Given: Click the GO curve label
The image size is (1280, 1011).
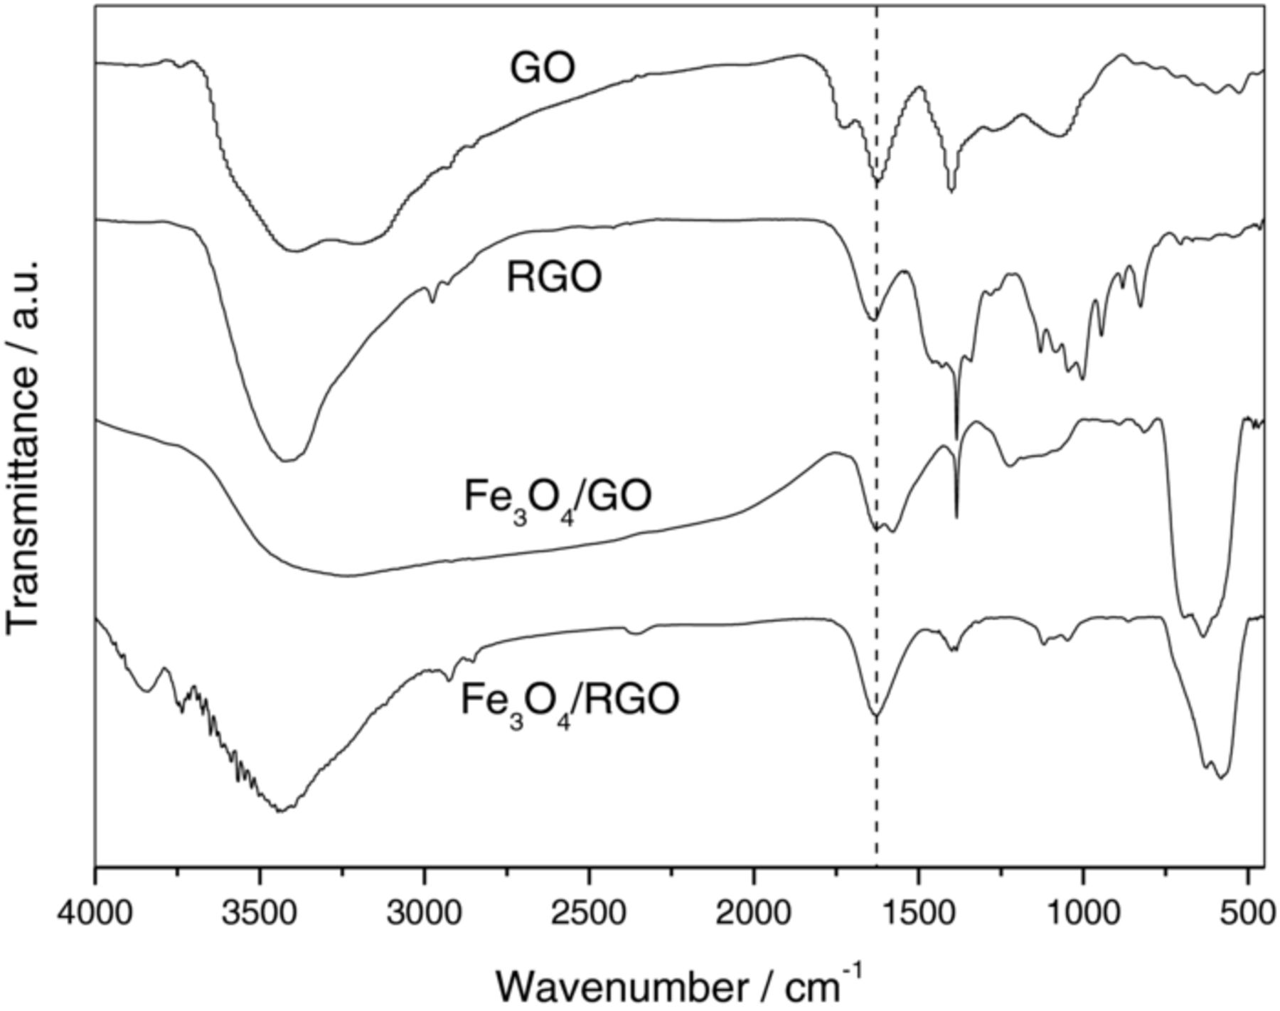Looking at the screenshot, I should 542,69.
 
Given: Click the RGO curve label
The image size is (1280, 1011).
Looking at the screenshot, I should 554,277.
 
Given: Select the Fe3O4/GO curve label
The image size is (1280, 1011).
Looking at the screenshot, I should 558,498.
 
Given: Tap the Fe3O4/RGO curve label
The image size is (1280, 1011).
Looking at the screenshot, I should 570,701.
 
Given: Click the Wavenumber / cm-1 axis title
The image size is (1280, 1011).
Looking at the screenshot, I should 679,985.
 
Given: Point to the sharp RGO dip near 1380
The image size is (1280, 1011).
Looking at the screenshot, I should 956,435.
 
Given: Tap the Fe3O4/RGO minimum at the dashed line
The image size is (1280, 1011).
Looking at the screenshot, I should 876,715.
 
